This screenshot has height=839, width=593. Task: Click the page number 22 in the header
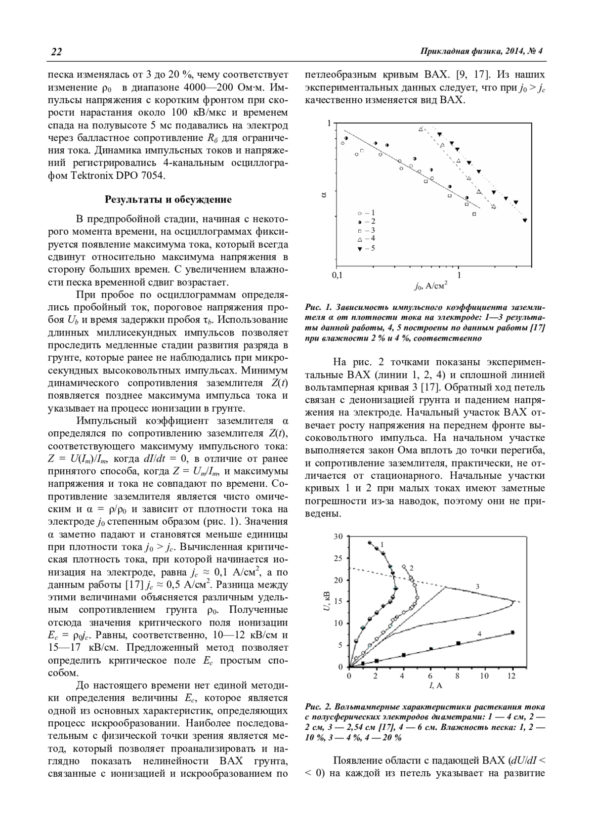coord(56,52)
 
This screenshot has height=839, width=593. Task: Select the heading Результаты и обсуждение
coord(168,200)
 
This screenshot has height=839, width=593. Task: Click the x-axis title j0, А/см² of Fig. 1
coord(431,286)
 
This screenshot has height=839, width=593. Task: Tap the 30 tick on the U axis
coord(339,537)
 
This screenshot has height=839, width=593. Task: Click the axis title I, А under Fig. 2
coord(435,686)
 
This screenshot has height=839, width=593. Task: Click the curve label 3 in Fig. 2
coord(477,587)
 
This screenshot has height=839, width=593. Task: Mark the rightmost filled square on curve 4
coord(512,632)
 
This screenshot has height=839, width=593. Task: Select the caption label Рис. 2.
coord(316,706)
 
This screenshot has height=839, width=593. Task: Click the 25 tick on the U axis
coord(339,558)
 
